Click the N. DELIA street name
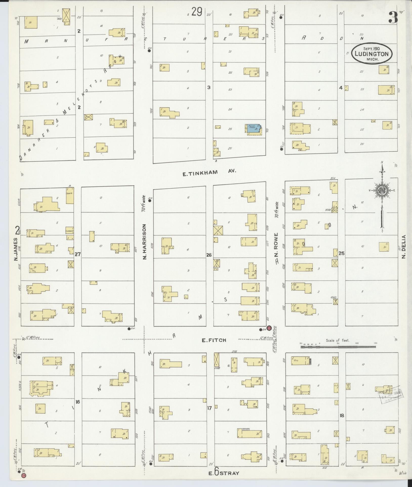click(x=404, y=246)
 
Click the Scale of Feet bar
click(x=338, y=347)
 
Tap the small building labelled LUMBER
click(x=70, y=231)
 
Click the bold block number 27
click(x=77, y=254)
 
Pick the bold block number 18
click(x=342, y=415)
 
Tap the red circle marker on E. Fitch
click(x=269, y=328)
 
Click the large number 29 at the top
click(x=196, y=12)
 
